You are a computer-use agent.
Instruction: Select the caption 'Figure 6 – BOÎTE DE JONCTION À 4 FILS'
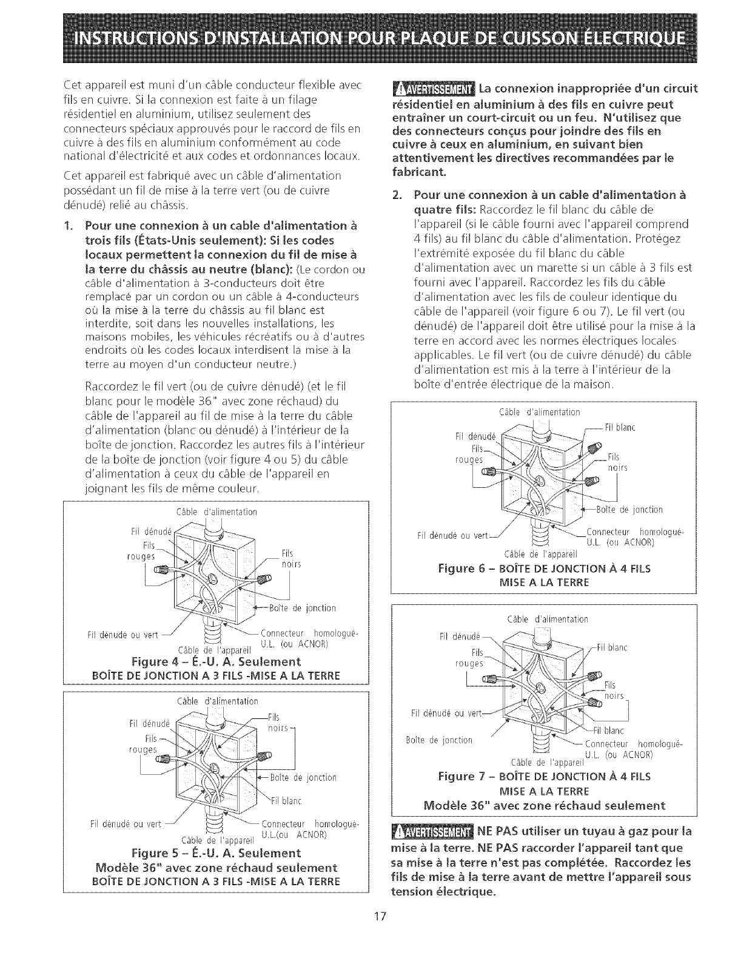[544, 569]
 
